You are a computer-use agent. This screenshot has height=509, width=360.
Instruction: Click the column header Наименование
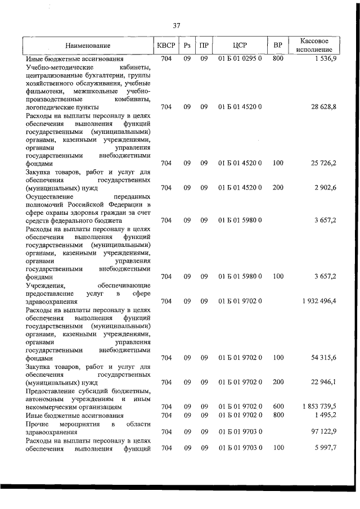point(87,46)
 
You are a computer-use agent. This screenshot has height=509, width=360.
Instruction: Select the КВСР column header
point(166,46)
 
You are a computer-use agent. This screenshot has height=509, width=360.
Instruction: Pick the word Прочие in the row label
point(37,423)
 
